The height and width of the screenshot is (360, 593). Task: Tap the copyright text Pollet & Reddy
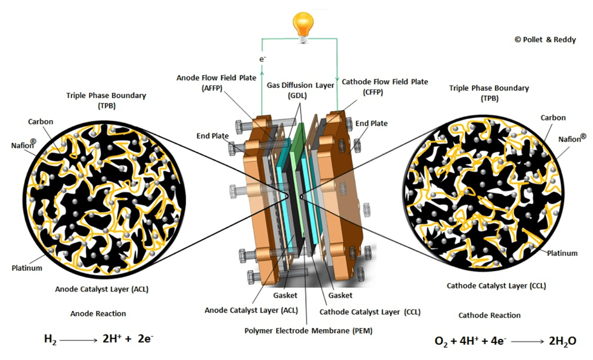click(x=546, y=38)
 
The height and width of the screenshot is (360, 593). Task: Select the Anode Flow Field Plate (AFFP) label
click(x=209, y=82)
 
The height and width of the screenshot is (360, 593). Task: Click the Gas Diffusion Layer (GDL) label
click(x=300, y=90)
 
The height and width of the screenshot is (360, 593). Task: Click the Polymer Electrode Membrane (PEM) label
click(x=308, y=331)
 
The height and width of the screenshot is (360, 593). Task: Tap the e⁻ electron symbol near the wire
click(x=262, y=60)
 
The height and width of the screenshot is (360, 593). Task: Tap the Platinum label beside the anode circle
click(x=27, y=267)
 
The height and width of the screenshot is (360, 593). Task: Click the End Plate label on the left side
click(x=212, y=136)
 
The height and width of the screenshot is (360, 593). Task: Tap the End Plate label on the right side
click(x=371, y=124)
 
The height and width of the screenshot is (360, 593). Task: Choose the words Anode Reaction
click(x=98, y=313)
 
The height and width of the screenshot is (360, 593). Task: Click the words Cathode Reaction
click(x=489, y=315)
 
